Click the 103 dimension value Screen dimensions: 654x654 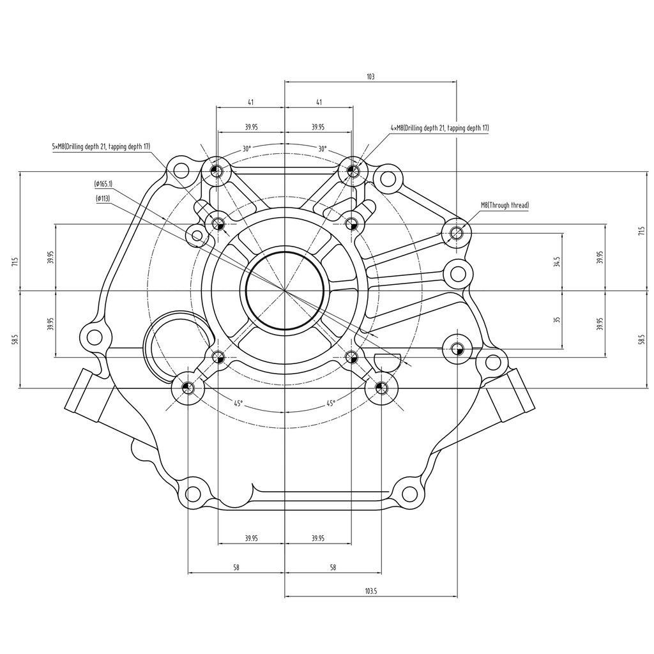pyautogui.click(x=370, y=77)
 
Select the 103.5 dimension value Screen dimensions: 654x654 pyautogui.click(x=371, y=591)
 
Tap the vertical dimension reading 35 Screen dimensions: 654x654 pyautogui.click(x=556, y=319)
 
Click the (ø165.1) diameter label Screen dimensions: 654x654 pyautogui.click(x=103, y=184)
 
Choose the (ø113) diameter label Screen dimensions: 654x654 pyautogui.click(x=103, y=199)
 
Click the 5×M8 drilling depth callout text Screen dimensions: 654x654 pyautogui.click(x=101, y=146)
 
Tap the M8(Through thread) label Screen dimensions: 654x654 pyautogui.click(x=505, y=205)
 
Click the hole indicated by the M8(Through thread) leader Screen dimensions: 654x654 pyautogui.click(x=457, y=232)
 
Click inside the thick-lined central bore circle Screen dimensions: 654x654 pyautogui.click(x=284, y=291)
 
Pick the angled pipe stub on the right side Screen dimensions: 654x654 pyautogui.click(x=511, y=395)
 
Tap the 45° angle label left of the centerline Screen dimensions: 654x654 pyautogui.click(x=238, y=404)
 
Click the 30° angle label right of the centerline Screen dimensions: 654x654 pyautogui.click(x=322, y=149)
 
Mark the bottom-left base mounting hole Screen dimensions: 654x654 pyautogui.click(x=193, y=494)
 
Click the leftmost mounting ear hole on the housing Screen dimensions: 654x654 pyautogui.click(x=94, y=338)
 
